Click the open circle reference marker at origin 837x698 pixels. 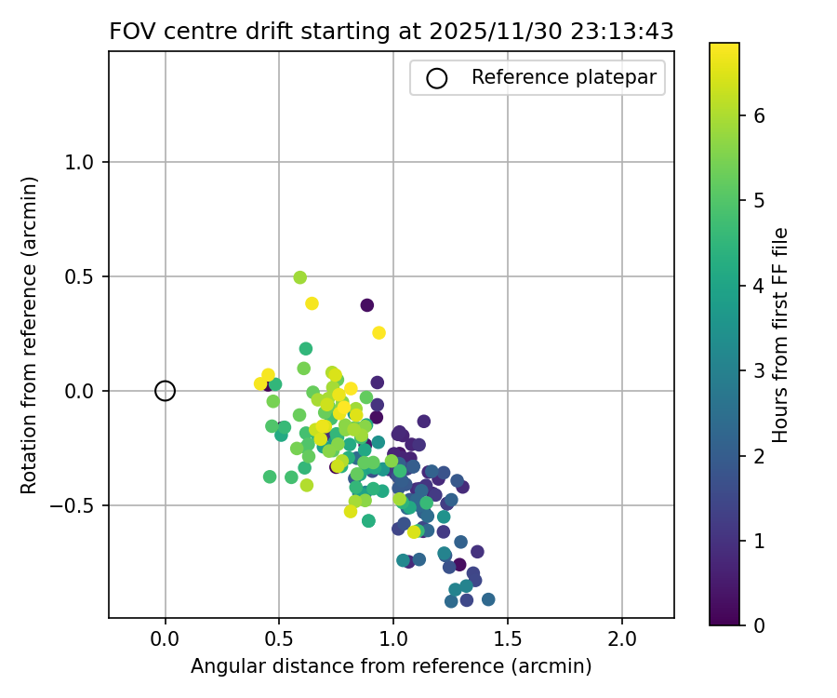[165, 391]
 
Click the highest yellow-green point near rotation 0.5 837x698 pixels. [299, 277]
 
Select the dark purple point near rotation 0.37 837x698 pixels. [367, 305]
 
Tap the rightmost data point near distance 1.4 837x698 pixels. [488, 599]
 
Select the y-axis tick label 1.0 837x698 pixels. [82, 162]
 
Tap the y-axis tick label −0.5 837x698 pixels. [74, 505]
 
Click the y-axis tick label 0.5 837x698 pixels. [82, 276]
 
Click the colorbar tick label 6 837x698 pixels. [759, 115]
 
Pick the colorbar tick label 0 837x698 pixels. [759, 624]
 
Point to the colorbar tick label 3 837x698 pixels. [759, 370]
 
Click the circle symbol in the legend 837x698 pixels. [436, 78]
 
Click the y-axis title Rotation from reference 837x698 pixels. [29, 335]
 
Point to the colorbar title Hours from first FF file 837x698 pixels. [781, 335]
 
